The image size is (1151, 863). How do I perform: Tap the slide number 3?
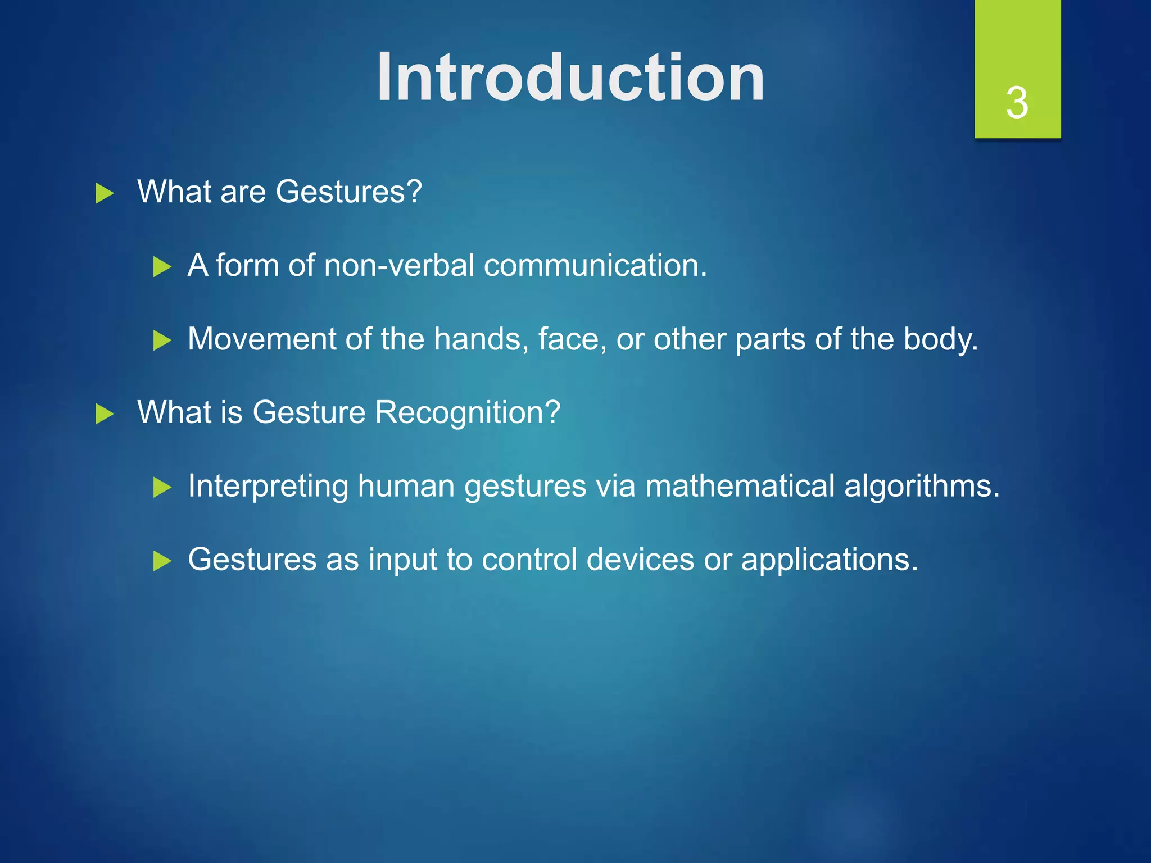pyautogui.click(x=1017, y=103)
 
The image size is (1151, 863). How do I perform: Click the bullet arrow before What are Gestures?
pyautogui.click(x=105, y=193)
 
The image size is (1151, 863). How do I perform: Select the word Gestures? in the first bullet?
pyautogui.click(x=348, y=192)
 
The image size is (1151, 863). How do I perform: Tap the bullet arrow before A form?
pyautogui.click(x=162, y=267)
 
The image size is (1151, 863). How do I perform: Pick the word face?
pyautogui.click(x=572, y=339)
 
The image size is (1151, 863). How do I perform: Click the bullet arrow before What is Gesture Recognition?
pyautogui.click(x=105, y=414)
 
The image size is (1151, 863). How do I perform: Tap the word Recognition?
pyautogui.click(x=468, y=413)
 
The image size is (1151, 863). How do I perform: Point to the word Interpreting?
pyautogui.click(x=268, y=487)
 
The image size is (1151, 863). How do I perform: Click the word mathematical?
pyautogui.click(x=740, y=486)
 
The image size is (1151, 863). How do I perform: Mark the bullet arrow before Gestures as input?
pyautogui.click(x=162, y=561)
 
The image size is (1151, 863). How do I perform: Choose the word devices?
pyautogui.click(x=640, y=560)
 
